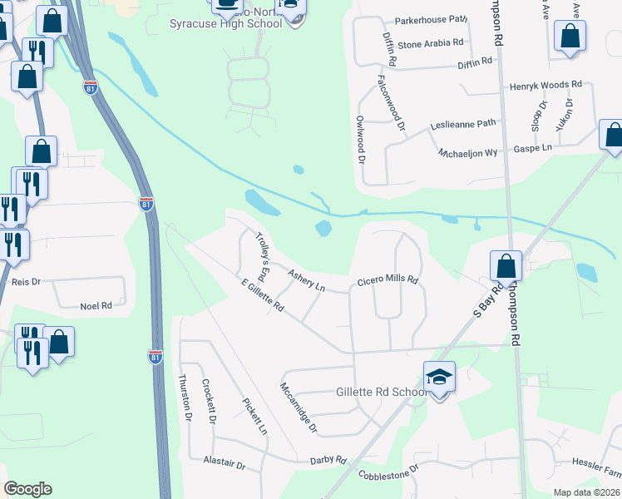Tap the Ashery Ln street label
pyautogui.click(x=306, y=279)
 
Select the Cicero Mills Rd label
pyautogui.click(x=387, y=280)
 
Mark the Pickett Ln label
pyautogui.click(x=254, y=417)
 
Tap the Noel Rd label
pyautogui.click(x=96, y=306)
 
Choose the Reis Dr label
pyautogui.click(x=27, y=283)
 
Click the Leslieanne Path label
pyautogui.click(x=462, y=123)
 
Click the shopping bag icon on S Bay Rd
pyautogui.click(x=506, y=266)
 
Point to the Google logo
pyautogui.click(x=27, y=489)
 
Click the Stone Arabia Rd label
pyautogui.click(x=430, y=42)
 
